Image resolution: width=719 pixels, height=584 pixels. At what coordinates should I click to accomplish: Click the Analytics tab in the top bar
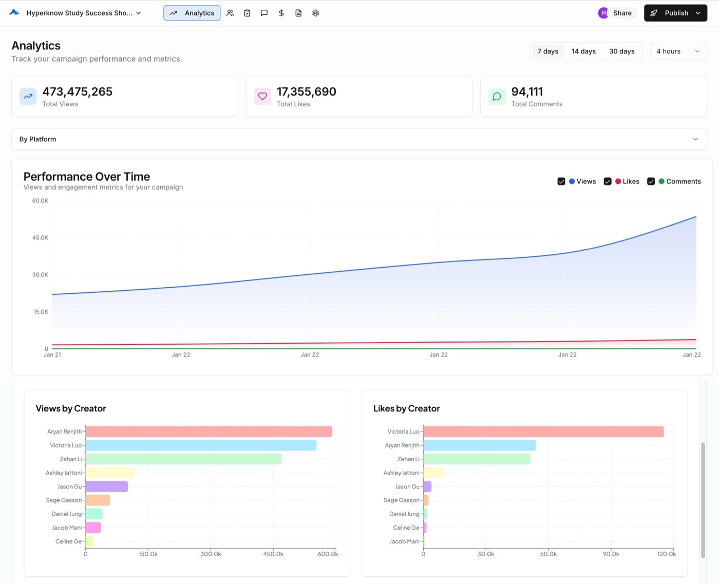[192, 13]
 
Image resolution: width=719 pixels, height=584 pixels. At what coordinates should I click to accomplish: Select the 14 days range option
[583, 51]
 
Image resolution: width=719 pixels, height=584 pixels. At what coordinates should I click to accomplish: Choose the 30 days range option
[621, 51]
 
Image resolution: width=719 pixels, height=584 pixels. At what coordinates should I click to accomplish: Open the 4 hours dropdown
[678, 51]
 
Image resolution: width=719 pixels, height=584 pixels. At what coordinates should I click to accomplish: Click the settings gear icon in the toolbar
[315, 13]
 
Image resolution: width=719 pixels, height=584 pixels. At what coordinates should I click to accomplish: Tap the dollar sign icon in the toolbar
[281, 13]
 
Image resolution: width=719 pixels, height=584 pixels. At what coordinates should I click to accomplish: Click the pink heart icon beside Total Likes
[262, 96]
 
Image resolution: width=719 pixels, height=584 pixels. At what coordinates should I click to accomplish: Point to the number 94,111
[527, 91]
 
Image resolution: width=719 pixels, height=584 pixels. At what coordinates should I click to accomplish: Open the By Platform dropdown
[359, 139]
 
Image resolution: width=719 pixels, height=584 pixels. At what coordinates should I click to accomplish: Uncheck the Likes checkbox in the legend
[608, 181]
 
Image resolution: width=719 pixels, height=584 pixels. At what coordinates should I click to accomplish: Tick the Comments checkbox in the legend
[651, 181]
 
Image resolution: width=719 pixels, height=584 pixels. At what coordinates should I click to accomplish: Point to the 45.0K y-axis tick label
[40, 238]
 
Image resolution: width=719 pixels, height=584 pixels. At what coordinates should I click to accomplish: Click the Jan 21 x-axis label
[52, 355]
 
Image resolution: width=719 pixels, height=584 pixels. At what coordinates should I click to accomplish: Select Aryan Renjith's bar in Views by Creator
[209, 431]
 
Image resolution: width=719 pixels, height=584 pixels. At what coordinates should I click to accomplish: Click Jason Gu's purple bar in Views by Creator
[106, 486]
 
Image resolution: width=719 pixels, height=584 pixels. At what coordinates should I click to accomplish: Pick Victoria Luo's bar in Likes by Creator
[543, 431]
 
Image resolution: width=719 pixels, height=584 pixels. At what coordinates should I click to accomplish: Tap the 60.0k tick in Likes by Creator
[548, 554]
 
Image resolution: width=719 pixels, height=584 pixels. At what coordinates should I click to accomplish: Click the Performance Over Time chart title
[87, 177]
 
